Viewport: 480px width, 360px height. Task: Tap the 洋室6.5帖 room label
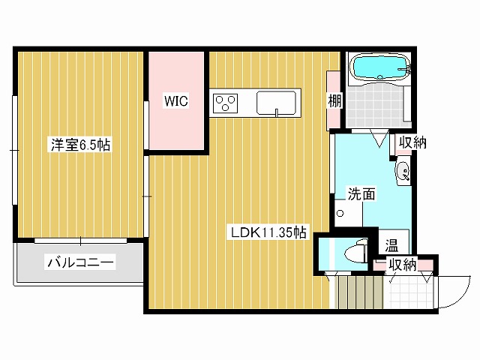(x=80, y=145)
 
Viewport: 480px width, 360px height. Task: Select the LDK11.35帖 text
(x=268, y=232)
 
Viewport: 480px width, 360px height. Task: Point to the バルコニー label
(x=80, y=263)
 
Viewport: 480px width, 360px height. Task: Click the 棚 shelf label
(x=334, y=100)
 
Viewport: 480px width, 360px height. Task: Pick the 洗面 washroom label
(x=361, y=193)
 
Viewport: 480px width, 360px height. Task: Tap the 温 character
(x=391, y=245)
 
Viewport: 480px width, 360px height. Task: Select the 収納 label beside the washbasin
(x=412, y=142)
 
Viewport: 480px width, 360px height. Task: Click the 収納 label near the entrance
(x=401, y=264)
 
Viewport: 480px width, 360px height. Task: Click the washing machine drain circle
(x=340, y=214)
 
